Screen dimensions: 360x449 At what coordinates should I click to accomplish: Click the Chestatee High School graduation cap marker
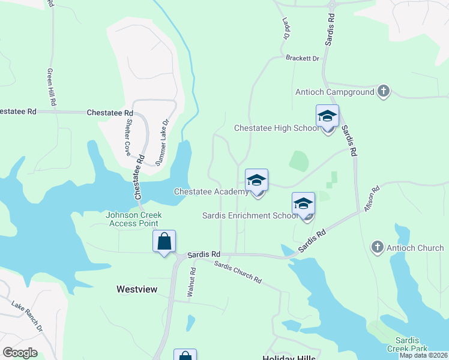click(327, 117)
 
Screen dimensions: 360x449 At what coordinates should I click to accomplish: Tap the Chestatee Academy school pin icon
click(256, 181)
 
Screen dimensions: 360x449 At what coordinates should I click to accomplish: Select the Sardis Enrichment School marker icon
click(303, 205)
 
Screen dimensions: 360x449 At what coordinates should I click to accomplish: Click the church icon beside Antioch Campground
click(383, 92)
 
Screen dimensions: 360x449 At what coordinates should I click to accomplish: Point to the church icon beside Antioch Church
click(377, 247)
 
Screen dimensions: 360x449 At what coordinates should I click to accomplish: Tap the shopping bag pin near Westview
click(164, 242)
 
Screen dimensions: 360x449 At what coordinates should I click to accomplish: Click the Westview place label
click(136, 289)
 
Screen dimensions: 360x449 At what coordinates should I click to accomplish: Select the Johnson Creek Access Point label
click(133, 220)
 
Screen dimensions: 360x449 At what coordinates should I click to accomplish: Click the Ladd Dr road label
click(286, 29)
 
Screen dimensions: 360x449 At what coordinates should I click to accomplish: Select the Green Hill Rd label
click(52, 87)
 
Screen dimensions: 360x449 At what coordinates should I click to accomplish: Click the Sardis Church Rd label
click(238, 272)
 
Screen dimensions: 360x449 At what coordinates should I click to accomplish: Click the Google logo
click(20, 353)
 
